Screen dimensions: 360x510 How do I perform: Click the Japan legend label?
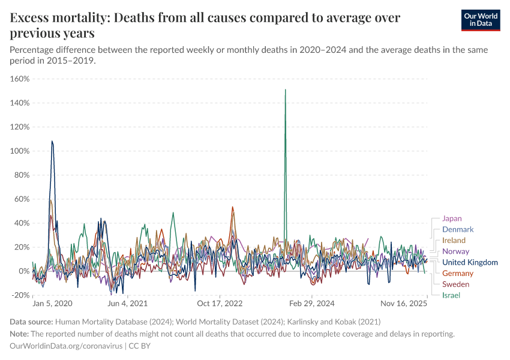(x=452, y=218)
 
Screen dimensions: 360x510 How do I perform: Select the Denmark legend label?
(x=458, y=229)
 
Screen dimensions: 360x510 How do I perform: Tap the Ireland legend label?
(x=454, y=241)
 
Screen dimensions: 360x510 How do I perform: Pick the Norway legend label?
(x=455, y=251)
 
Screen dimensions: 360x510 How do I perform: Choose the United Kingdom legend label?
(x=470, y=262)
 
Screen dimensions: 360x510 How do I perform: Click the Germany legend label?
(x=458, y=274)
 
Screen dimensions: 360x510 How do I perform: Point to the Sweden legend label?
(x=455, y=284)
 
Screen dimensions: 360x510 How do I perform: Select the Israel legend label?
(x=451, y=295)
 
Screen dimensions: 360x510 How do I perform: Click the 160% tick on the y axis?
(x=20, y=79)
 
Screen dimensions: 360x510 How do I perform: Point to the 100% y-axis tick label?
(x=20, y=151)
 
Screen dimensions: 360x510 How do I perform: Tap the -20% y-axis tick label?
(x=20, y=295)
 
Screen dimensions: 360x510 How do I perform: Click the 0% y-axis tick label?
(x=24, y=271)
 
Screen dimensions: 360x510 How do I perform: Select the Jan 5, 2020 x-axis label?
(x=52, y=304)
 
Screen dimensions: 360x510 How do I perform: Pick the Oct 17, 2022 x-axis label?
(x=220, y=304)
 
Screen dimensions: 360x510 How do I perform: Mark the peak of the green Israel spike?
(x=285, y=90)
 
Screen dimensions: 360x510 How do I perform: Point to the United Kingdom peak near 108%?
(x=52, y=142)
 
